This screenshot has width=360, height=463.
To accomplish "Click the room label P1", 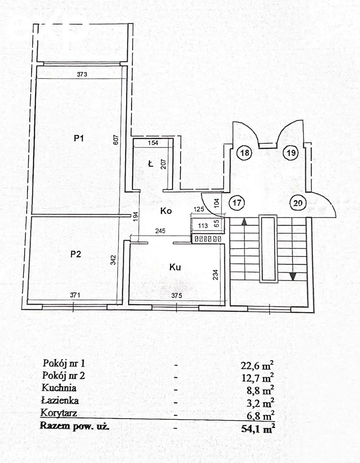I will [80, 139].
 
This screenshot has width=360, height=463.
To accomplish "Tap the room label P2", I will [76, 254].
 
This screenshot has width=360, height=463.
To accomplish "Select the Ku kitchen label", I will [175, 267].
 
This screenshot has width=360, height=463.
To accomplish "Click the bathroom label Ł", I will [151, 164].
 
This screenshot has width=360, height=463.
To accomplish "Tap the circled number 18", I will [245, 153].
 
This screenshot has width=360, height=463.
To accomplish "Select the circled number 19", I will [291, 153].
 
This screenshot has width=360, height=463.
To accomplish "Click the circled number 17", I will [236, 203].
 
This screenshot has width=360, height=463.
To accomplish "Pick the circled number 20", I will [298, 203].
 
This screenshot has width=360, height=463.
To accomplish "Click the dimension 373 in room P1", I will [81, 74].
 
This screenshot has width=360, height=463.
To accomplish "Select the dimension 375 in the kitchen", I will [177, 295].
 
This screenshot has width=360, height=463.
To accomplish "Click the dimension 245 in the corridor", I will [160, 231].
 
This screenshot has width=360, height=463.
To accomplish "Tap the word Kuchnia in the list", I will [59, 387].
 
